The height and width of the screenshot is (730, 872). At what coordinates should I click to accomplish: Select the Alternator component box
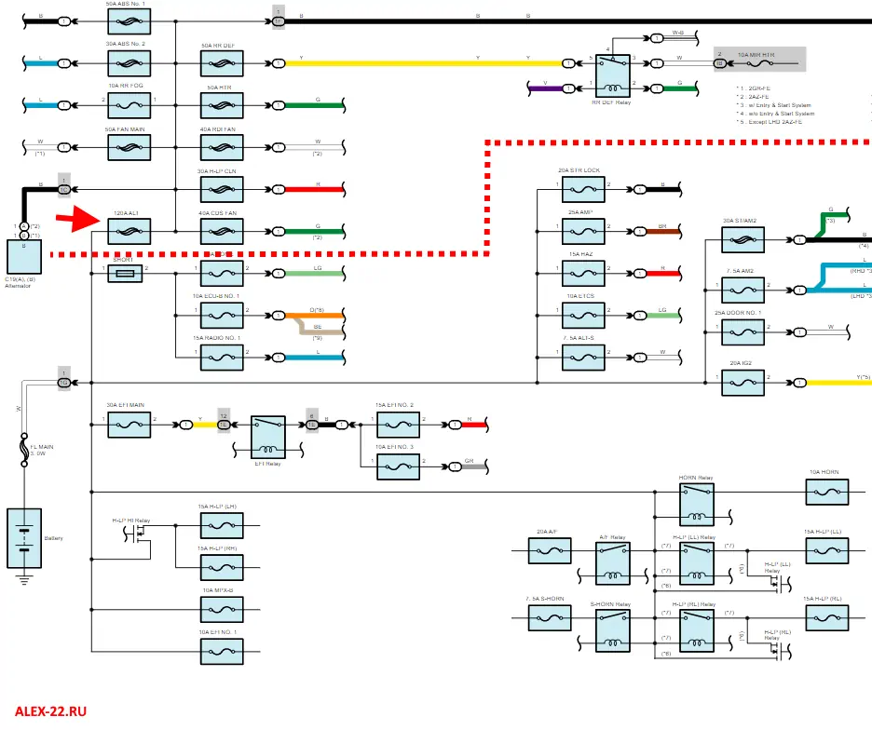tap(20, 256)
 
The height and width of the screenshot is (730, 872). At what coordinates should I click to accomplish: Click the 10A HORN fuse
tap(824, 491)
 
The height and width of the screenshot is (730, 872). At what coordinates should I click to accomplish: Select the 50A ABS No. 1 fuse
tap(129, 20)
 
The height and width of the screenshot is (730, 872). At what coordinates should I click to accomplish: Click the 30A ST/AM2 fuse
tap(743, 239)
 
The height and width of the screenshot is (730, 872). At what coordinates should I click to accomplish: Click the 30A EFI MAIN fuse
tap(129, 425)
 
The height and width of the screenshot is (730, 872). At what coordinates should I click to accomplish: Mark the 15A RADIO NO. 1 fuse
tap(222, 357)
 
